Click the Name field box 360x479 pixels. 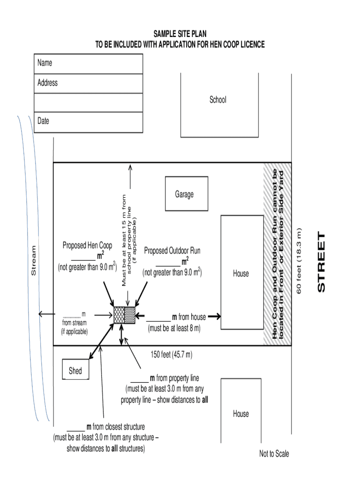pos(88,64)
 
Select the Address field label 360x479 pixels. pos(48,83)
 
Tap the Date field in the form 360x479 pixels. pos(88,122)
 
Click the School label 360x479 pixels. pos(218,100)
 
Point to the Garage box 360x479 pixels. pos(184,194)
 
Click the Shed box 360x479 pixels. pos(75,370)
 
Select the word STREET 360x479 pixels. pos(321,262)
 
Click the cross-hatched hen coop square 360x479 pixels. pos(119,315)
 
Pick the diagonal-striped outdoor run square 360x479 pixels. pos(130,315)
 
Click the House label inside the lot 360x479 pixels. pos(241,273)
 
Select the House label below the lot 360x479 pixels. pos(241,414)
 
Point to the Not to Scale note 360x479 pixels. pos(274,453)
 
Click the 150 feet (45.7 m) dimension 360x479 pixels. pos(172,355)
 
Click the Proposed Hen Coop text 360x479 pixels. pos(87,246)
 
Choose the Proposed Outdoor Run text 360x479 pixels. pos(172,251)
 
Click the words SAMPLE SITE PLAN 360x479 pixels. pos(180,34)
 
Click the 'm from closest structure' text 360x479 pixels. pos(115,427)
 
